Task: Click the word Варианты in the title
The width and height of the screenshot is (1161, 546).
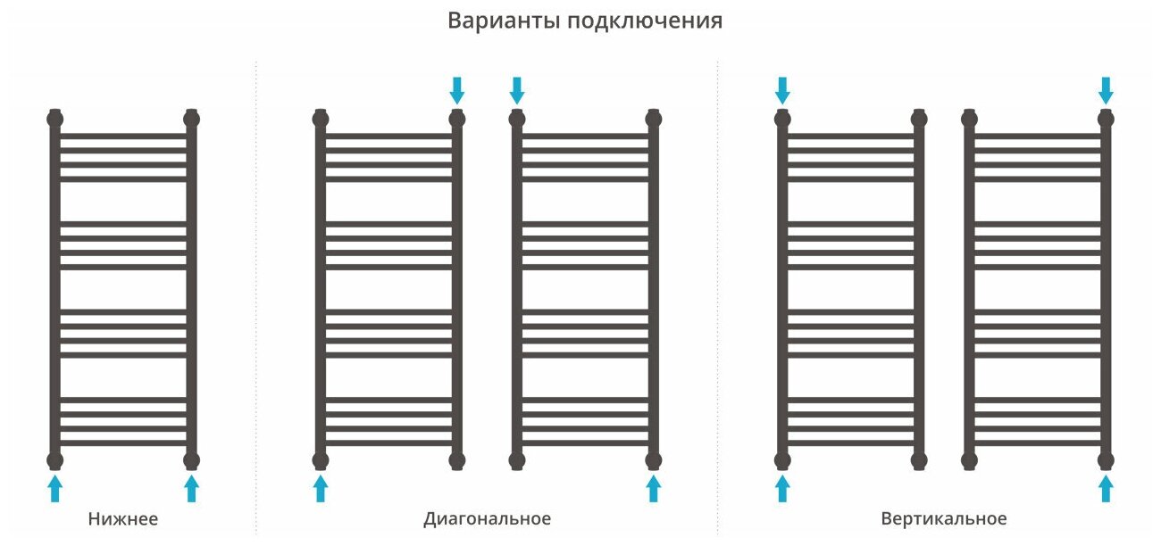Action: pos(504,21)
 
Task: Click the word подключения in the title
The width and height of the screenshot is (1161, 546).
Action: pos(645,22)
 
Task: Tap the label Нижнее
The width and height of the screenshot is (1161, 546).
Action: pos(123,518)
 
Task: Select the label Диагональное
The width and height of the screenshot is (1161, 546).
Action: pos(487,518)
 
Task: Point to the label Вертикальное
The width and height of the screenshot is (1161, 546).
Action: pos(943,518)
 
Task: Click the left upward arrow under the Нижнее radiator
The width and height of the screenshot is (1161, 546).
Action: pos(55,488)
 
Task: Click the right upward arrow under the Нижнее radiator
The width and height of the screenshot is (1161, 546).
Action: pos(191,488)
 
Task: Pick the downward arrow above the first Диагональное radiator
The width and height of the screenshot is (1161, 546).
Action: pos(457,89)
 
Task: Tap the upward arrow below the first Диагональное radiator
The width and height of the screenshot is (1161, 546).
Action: pos(321,488)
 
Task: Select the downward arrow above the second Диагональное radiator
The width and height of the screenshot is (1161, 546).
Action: pos(516,89)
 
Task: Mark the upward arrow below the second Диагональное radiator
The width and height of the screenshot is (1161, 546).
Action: pos(653,488)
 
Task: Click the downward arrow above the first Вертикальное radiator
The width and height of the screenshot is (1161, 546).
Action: pos(782,89)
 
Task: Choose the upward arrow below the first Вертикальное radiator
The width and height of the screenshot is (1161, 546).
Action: pos(782,488)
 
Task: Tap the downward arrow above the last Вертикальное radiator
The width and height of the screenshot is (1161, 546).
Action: pos(1106,89)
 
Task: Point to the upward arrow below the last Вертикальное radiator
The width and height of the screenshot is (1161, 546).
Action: pos(1106,488)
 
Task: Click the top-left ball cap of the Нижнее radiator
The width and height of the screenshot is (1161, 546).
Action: pos(55,118)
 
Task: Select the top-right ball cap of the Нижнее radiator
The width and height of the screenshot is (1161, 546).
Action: pos(191,118)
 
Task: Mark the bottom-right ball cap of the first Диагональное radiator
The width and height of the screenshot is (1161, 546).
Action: pos(457,460)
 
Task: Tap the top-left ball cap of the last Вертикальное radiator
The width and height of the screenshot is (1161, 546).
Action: pos(970,118)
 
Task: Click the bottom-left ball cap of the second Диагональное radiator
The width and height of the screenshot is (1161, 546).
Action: pos(516,460)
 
